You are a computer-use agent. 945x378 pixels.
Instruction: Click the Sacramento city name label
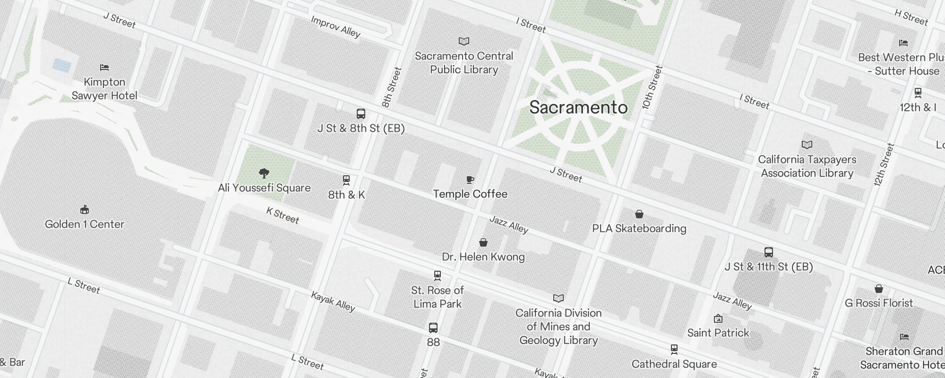578,108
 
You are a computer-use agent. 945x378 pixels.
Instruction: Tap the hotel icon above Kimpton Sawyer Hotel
104,68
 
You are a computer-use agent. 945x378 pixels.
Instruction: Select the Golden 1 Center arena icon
85,209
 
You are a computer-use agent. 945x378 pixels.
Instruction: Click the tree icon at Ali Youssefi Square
264,173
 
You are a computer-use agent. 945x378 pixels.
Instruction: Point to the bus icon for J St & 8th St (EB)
361,114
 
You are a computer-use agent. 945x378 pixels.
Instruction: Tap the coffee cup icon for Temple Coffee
470,180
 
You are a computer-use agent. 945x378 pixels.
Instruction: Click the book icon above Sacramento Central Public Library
464,42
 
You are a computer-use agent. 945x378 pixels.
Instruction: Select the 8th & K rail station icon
346,180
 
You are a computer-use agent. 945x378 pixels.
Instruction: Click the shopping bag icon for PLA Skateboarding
639,214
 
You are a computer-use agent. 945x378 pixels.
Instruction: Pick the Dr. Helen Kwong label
483,257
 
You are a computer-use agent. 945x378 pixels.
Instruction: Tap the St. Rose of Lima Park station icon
438,275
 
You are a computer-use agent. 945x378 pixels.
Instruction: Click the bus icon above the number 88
433,327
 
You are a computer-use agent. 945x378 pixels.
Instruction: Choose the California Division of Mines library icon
558,298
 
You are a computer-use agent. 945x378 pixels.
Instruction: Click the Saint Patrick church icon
718,318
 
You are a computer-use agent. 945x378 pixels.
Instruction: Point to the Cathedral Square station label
674,364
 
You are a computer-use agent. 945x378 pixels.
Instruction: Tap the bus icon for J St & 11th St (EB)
769,252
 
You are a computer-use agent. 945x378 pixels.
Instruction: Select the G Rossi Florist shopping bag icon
878,289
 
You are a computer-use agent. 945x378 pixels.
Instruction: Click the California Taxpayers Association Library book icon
807,145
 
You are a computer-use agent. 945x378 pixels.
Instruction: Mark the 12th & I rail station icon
918,93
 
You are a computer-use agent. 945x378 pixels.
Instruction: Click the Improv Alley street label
335,26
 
